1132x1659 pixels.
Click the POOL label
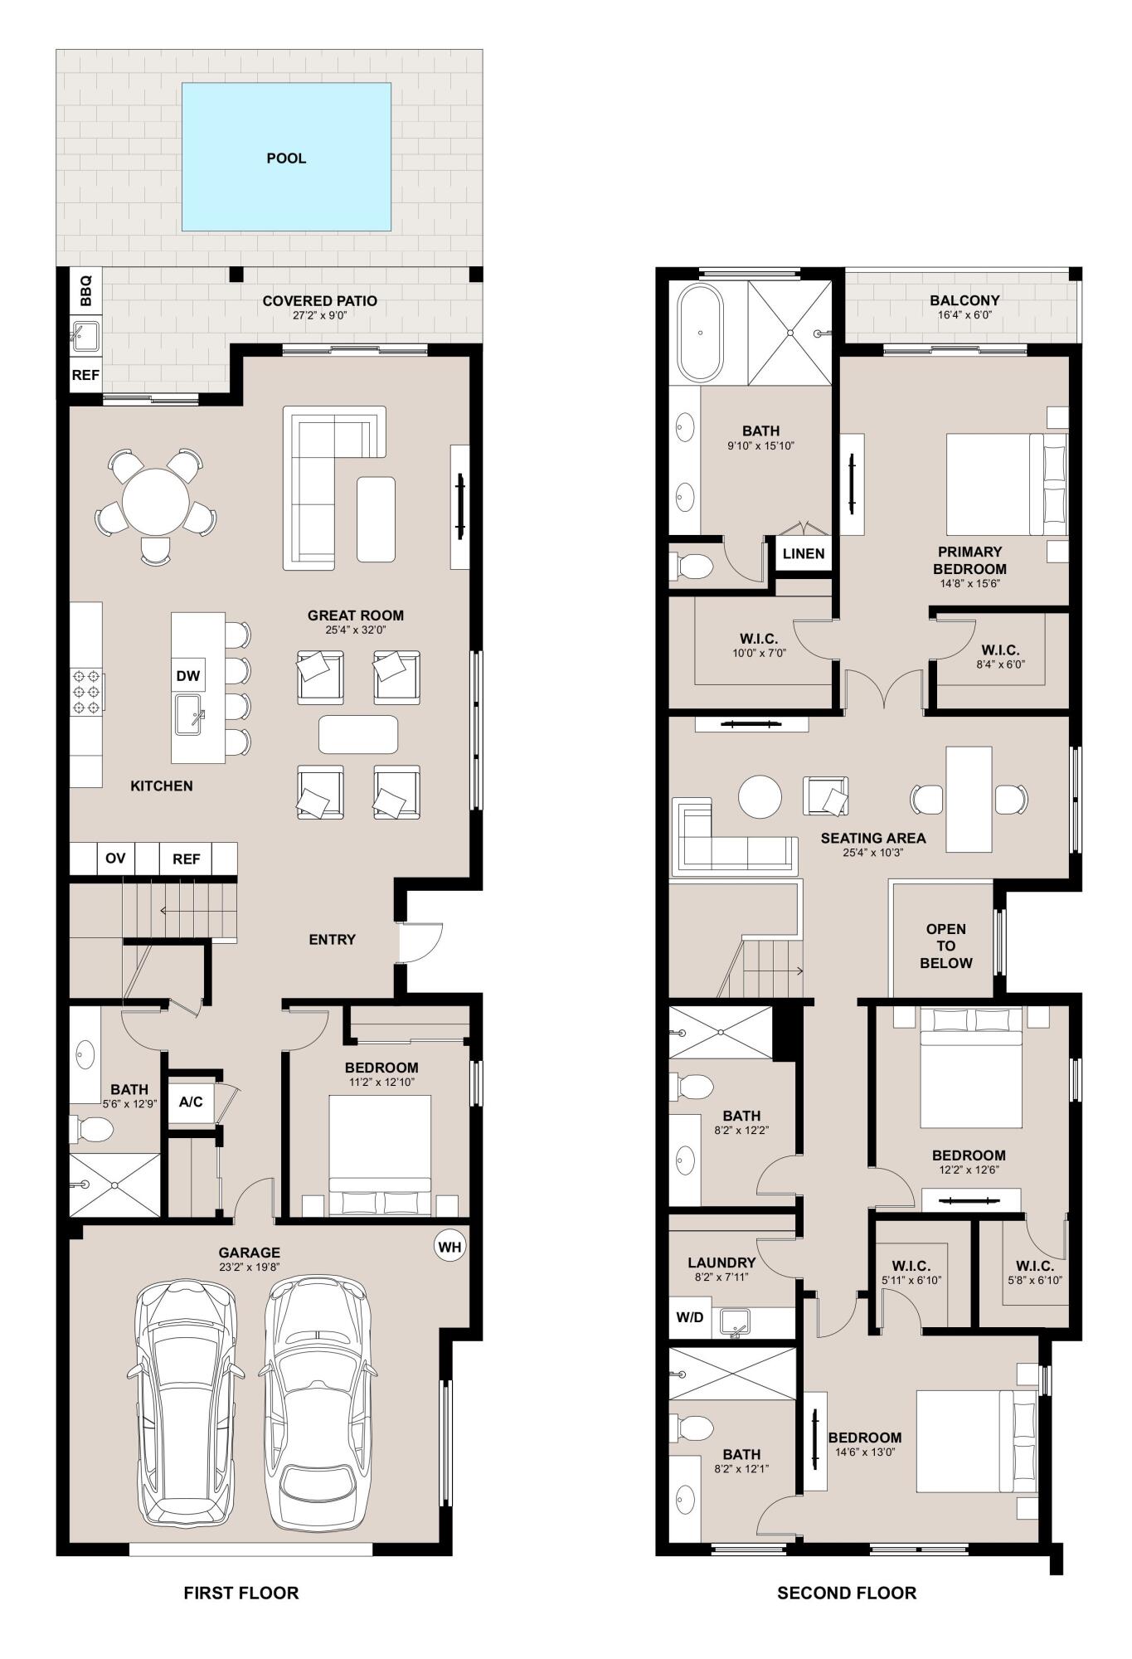(x=286, y=158)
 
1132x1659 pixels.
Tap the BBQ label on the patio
(x=85, y=289)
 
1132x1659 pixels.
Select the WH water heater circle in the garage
(x=449, y=1247)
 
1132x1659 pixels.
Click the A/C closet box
(x=191, y=1102)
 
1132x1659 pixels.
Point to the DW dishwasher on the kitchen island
(x=188, y=675)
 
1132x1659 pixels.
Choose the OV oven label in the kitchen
(x=115, y=858)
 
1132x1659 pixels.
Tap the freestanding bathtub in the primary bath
(x=701, y=332)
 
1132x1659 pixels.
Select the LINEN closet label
(x=804, y=553)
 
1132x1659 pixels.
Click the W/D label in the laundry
(x=690, y=1317)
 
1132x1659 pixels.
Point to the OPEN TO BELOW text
(x=945, y=946)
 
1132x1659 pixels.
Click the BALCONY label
(x=964, y=300)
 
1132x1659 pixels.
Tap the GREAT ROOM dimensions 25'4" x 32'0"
(x=356, y=630)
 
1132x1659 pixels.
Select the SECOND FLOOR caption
(x=847, y=1593)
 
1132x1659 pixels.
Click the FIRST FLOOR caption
(x=241, y=1593)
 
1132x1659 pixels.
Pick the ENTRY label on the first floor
(x=332, y=939)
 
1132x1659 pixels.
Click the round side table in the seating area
(x=760, y=796)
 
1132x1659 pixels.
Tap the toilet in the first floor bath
(x=93, y=1128)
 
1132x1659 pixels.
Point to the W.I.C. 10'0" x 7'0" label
(x=758, y=645)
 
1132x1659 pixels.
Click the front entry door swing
(x=419, y=941)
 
